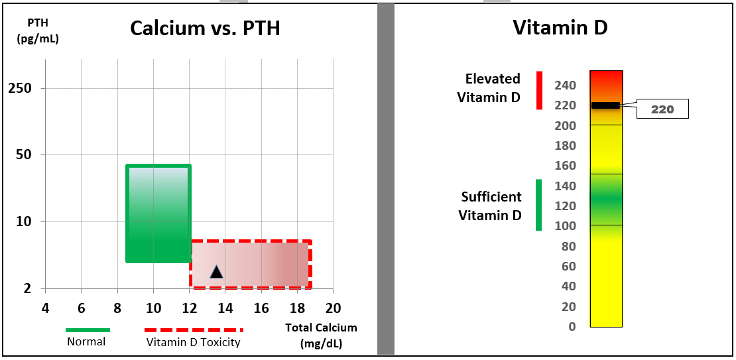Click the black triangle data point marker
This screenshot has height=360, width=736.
click(x=216, y=272)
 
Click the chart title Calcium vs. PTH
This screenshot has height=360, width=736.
click(x=205, y=29)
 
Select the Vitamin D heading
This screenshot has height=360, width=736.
click(x=560, y=28)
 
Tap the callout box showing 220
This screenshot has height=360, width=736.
click(x=662, y=109)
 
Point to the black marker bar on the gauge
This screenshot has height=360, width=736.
click(x=605, y=105)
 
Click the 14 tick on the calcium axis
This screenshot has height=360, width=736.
click(x=225, y=308)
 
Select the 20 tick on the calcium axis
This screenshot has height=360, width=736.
click(x=333, y=308)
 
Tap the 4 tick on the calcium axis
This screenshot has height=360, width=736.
click(x=45, y=308)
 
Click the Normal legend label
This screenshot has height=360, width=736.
click(x=86, y=342)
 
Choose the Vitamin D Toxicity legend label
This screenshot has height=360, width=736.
click(x=193, y=342)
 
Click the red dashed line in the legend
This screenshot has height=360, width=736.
click(x=194, y=330)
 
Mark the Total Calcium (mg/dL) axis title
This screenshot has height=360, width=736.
click(x=321, y=335)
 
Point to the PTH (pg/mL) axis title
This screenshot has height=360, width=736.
click(x=38, y=30)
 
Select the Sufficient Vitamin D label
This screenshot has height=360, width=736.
click(x=491, y=206)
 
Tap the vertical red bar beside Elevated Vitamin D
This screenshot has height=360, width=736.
click(x=539, y=90)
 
